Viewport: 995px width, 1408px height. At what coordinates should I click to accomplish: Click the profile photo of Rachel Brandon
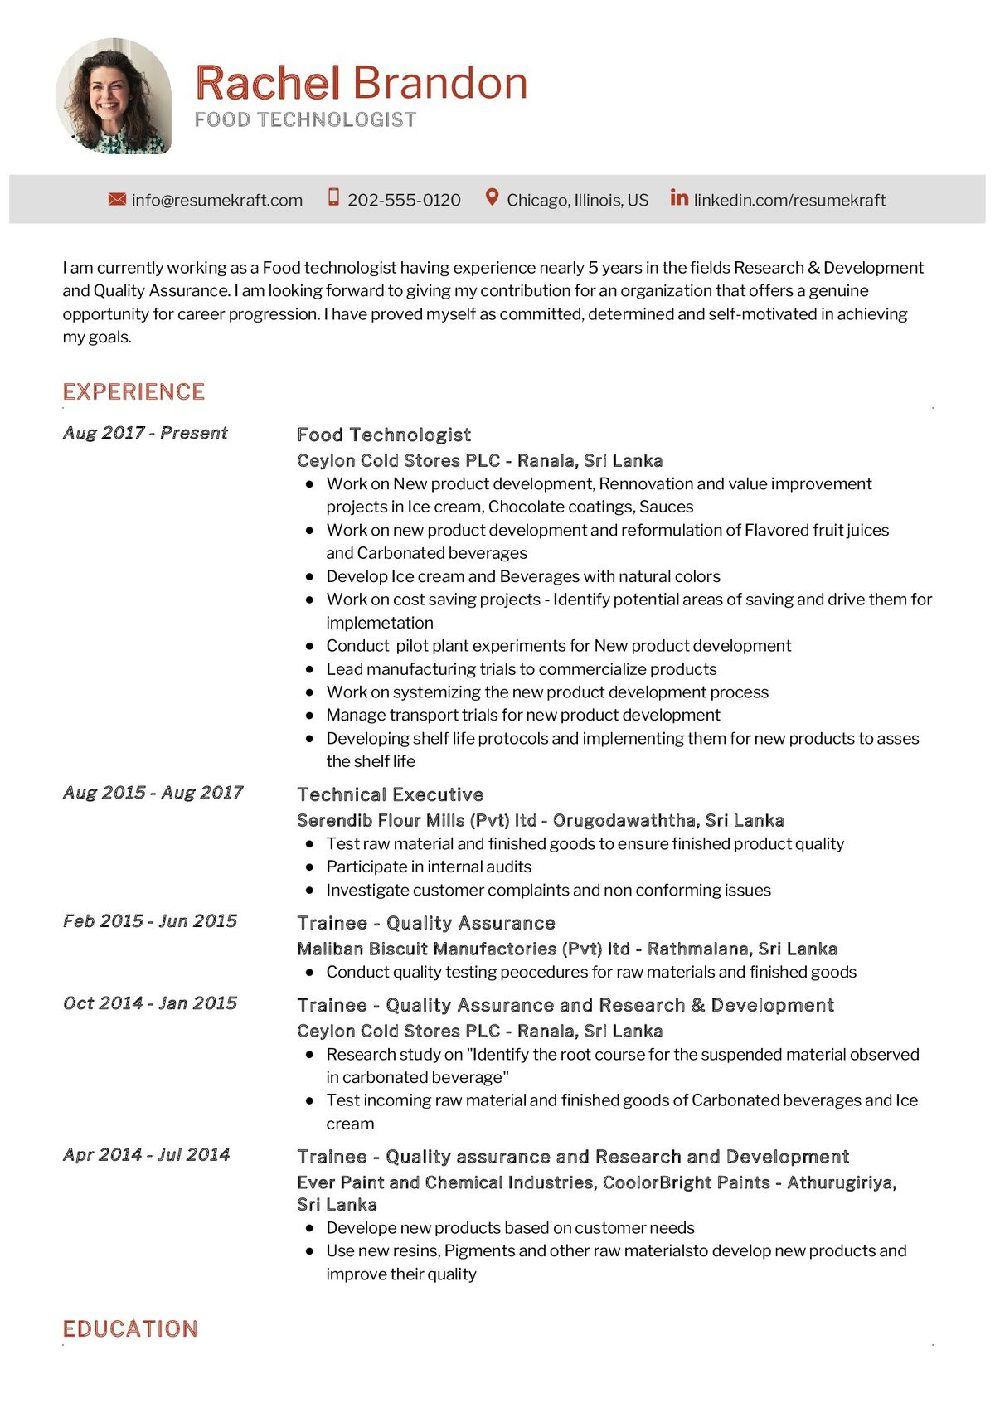click(114, 96)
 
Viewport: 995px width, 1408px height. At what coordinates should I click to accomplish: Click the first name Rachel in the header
click(267, 83)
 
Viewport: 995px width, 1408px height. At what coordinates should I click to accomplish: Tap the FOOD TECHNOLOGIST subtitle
click(305, 120)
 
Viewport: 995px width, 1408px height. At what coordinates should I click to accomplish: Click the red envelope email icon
click(117, 199)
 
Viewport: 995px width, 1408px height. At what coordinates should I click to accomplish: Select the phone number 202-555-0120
click(404, 200)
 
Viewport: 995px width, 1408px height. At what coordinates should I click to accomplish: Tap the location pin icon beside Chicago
click(492, 198)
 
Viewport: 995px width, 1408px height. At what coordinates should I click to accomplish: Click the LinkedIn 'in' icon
click(679, 197)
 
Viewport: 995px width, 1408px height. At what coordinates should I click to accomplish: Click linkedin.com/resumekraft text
click(789, 200)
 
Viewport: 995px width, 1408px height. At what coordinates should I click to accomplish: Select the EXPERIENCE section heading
click(133, 391)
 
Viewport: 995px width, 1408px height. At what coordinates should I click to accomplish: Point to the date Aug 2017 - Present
click(145, 433)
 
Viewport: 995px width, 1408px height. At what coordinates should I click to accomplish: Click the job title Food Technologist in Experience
click(384, 435)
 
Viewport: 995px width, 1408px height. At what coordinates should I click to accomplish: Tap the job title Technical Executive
click(390, 794)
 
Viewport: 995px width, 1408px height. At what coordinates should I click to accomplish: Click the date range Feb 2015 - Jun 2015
click(150, 921)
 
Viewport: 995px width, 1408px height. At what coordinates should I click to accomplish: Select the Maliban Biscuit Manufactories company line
click(566, 949)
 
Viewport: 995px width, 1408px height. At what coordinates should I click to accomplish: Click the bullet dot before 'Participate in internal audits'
click(310, 867)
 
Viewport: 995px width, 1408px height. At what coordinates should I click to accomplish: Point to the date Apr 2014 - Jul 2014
click(147, 1154)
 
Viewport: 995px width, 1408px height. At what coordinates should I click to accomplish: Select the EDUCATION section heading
click(130, 1328)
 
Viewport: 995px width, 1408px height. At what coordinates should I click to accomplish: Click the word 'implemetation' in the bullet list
click(379, 623)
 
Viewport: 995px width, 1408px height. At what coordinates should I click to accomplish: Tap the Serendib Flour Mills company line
click(540, 820)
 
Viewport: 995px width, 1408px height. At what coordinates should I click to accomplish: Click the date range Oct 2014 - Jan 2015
click(150, 1003)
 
